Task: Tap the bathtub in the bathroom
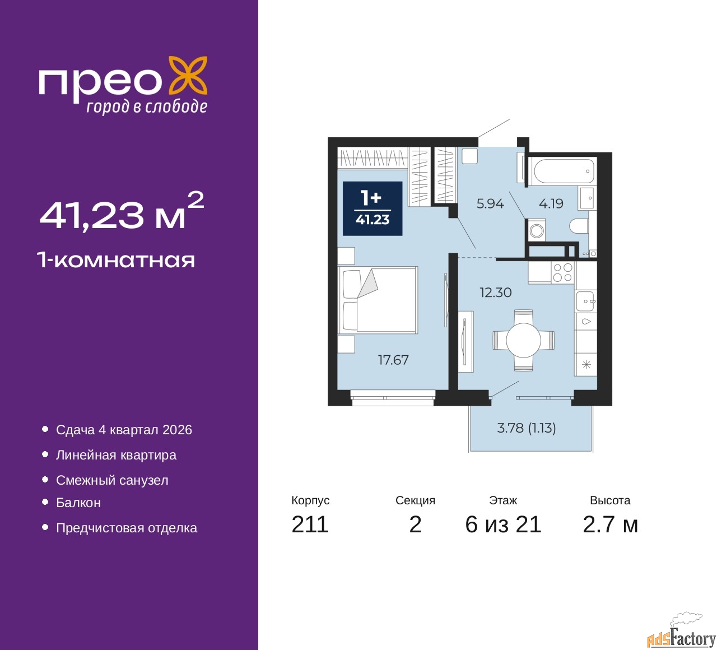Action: point(564,171)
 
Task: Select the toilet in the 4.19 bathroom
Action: point(580,226)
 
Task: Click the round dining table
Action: point(523,340)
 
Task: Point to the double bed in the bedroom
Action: point(378,300)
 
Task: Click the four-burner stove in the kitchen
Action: point(562,273)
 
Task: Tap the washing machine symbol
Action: point(537,230)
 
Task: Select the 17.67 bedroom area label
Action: point(393,360)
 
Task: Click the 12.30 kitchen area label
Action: point(495,292)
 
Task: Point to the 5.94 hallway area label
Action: point(490,204)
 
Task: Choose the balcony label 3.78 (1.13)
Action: point(527,428)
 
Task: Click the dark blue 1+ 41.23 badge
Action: point(373,208)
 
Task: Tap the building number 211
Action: point(310,524)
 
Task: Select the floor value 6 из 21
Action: point(503,524)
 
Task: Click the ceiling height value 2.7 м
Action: point(610,524)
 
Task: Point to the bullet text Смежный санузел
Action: point(112,480)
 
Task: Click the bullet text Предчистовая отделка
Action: point(127,528)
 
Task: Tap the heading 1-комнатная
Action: point(116,260)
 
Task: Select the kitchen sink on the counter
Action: point(586,301)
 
